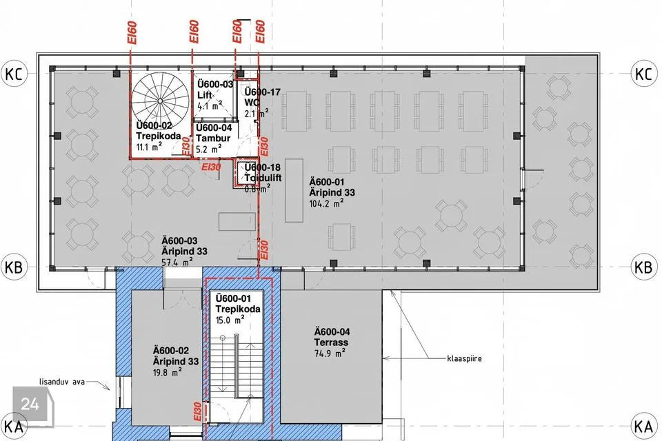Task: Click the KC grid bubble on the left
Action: [14, 74]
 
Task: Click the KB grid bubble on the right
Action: [643, 267]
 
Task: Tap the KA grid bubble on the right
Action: [643, 427]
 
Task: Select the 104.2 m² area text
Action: [326, 203]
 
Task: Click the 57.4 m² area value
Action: [177, 262]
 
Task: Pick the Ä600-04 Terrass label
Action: [332, 337]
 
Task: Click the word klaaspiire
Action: [464, 359]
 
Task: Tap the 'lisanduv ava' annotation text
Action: [62, 382]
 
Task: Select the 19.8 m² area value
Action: [168, 372]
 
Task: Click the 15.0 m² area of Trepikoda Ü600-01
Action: [230, 320]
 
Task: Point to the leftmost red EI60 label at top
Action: [132, 32]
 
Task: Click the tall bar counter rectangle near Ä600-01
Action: [294, 190]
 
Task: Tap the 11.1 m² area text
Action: [150, 147]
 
